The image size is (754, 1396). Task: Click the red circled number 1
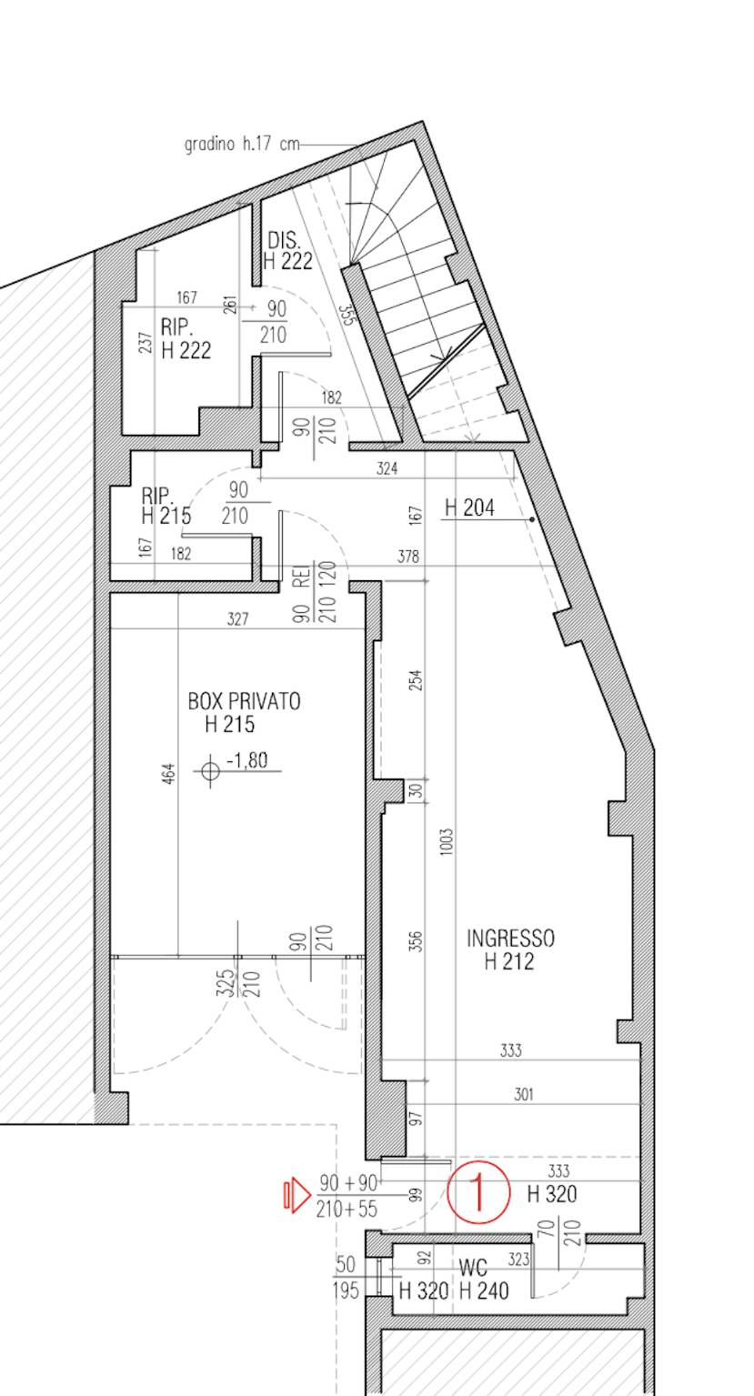click(478, 1191)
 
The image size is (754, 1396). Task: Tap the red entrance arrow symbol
click(297, 1195)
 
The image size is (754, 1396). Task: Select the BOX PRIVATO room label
click(245, 702)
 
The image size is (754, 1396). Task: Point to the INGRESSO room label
click(510, 939)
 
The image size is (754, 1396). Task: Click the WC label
click(473, 1268)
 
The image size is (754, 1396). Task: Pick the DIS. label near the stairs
click(284, 240)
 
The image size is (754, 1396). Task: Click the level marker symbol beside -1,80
click(211, 771)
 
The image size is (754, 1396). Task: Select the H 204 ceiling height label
click(469, 508)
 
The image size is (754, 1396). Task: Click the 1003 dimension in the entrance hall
click(447, 842)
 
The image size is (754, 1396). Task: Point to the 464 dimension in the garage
click(169, 773)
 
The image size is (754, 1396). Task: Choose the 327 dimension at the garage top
click(238, 618)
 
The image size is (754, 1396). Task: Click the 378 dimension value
click(408, 556)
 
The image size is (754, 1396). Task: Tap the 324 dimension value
click(387, 468)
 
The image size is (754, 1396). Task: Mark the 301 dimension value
click(524, 1094)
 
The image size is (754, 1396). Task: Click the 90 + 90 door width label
click(348, 1183)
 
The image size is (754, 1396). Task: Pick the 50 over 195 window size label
click(346, 1278)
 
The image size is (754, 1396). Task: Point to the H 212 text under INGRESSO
click(509, 962)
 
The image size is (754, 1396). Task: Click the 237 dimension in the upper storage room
click(146, 342)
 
